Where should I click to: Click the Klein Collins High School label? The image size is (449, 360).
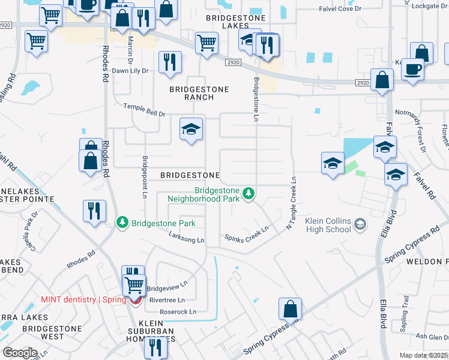coord(328,225)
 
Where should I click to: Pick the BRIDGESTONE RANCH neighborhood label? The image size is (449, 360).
coord(199,93)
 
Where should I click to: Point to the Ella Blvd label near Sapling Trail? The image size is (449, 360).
coord(382,313)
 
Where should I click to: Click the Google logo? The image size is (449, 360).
coord(20,353)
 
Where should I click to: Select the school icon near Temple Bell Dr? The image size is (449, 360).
coord(191,129)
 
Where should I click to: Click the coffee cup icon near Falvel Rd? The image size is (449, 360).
coord(412,68)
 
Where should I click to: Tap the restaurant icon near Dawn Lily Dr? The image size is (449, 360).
coord(170,62)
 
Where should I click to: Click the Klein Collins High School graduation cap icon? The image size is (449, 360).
coord(360,225)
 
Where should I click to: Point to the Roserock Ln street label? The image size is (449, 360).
coord(178,312)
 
